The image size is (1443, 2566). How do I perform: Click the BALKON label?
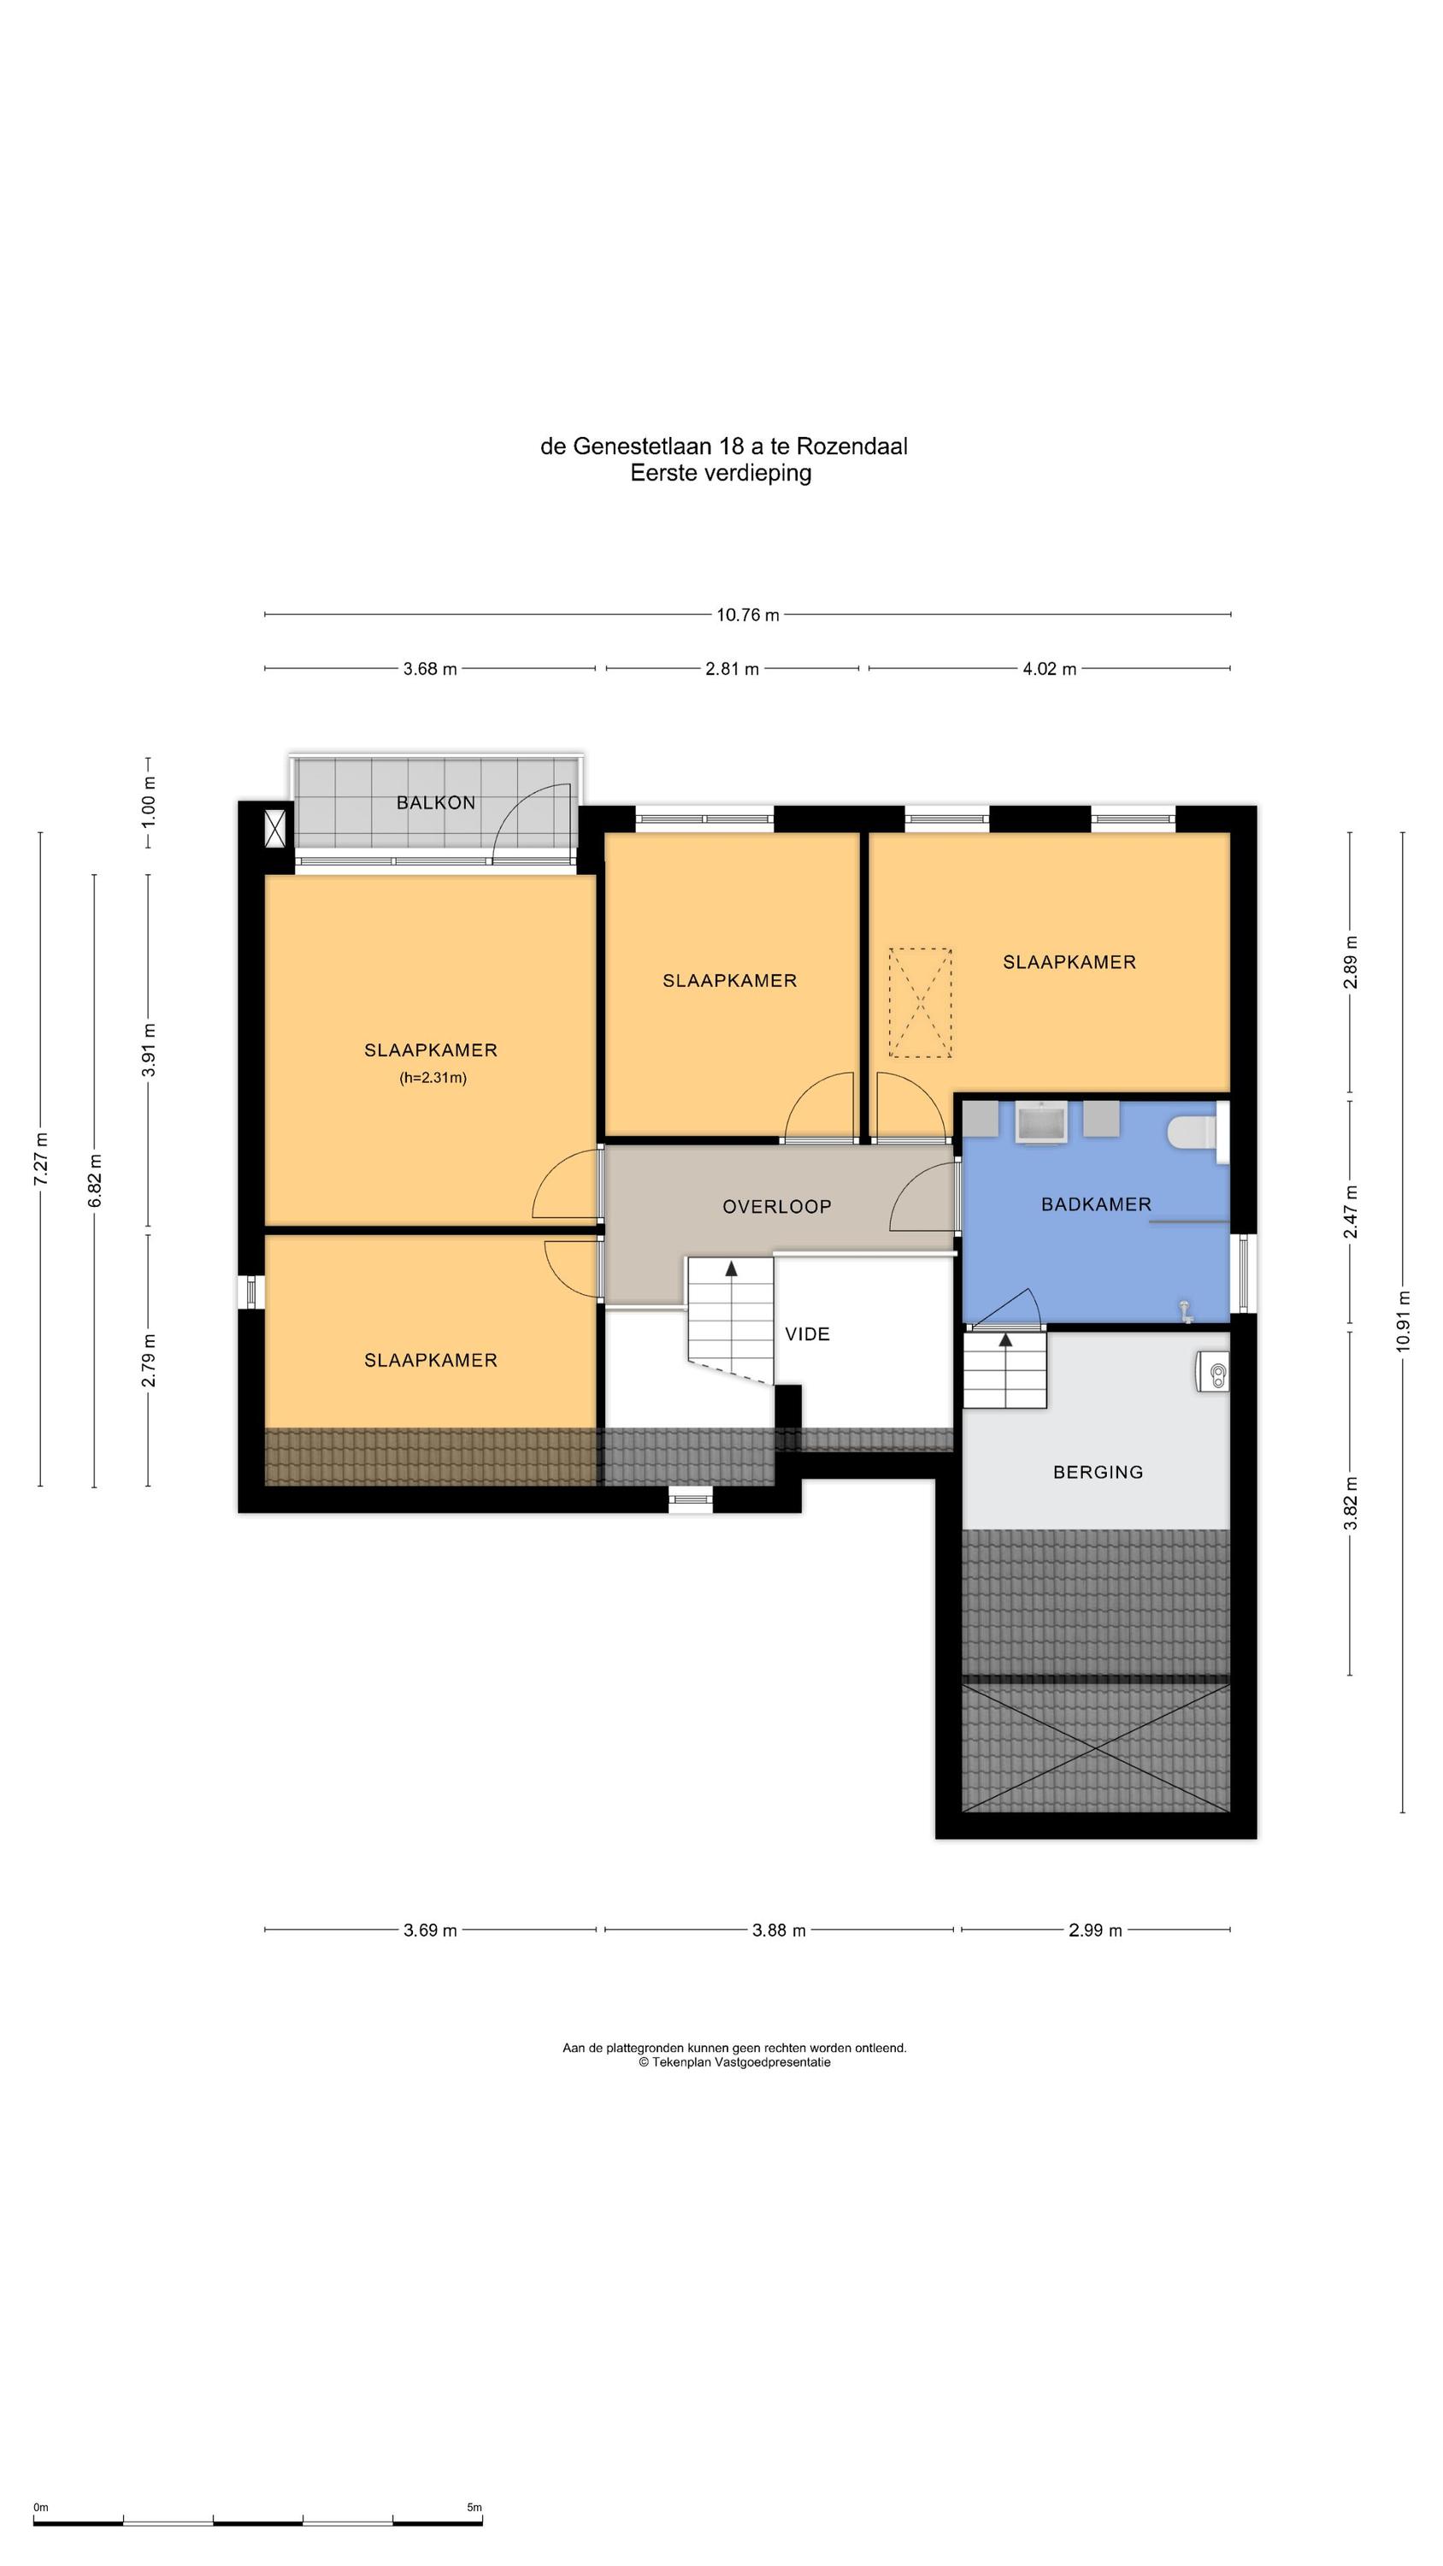click(435, 803)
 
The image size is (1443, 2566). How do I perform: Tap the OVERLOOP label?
click(777, 1207)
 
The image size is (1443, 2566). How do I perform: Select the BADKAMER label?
click(1095, 1204)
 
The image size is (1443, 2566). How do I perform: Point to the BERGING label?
click(1098, 1472)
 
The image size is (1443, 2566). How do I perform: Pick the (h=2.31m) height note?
click(433, 1078)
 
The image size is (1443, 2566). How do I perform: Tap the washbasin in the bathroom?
click(1040, 1122)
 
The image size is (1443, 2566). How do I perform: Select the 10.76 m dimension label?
click(748, 615)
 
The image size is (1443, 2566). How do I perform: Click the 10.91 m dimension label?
click(1403, 1321)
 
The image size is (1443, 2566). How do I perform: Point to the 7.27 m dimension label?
click(41, 1158)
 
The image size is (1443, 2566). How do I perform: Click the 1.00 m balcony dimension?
click(149, 803)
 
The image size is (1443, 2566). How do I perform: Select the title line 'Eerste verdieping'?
click(721, 473)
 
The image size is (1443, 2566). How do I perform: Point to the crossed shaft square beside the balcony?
click(276, 829)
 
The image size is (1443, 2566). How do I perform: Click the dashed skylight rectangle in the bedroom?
click(920, 1002)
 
